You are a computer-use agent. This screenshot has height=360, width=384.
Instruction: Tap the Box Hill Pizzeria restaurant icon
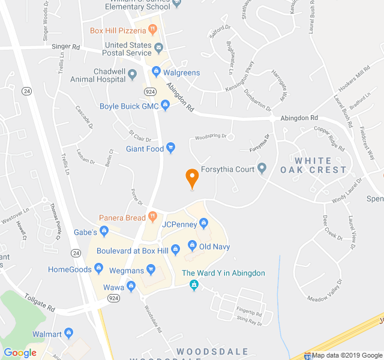pyautogui.click(x=153, y=29)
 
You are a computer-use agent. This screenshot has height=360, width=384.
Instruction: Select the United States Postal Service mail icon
pyautogui.click(x=158, y=47)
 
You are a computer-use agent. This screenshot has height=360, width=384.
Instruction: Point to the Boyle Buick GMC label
pyautogui.click(x=129, y=106)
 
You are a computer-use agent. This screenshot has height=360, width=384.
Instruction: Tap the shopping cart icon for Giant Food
pyautogui.click(x=171, y=148)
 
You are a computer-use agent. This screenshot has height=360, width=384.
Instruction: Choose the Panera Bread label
pyautogui.click(x=122, y=217)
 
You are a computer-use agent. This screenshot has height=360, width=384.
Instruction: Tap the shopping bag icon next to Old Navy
pyautogui.click(x=192, y=245)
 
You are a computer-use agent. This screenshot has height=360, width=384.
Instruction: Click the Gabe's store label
pyautogui.click(x=85, y=232)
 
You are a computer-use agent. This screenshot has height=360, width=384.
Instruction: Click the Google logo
pyautogui.click(x=20, y=353)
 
